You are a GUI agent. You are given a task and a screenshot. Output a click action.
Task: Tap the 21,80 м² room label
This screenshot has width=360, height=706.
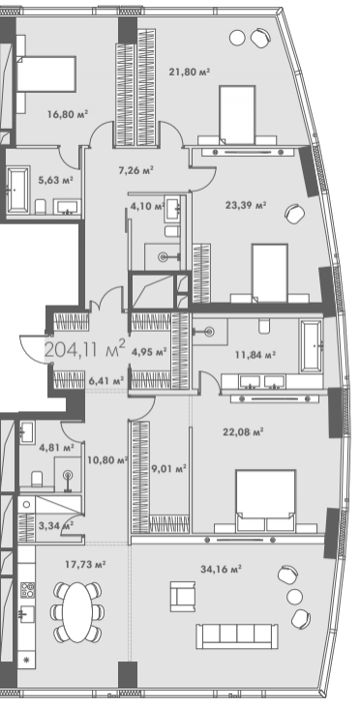click(190, 72)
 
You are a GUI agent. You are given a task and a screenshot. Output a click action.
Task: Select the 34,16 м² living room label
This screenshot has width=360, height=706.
click(221, 569)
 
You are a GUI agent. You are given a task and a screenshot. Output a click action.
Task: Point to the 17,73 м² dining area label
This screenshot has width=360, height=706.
click(85, 564)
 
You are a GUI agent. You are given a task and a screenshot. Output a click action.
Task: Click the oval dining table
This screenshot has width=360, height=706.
click(77, 612)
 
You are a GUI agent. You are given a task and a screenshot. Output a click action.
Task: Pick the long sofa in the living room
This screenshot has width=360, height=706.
click(237, 636)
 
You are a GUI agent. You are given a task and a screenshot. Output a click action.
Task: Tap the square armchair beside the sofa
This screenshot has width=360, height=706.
click(183, 596)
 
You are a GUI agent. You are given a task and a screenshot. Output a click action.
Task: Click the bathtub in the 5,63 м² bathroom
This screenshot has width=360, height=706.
click(18, 189)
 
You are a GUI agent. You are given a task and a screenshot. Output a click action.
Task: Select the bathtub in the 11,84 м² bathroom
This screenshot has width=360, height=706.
click(312, 345)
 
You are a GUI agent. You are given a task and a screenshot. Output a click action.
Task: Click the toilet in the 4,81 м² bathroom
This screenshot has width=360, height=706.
click(37, 478)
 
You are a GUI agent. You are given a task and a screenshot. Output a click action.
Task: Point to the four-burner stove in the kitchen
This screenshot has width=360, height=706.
click(27, 589)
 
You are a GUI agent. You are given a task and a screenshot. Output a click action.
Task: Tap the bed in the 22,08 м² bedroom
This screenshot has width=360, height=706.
click(265, 501)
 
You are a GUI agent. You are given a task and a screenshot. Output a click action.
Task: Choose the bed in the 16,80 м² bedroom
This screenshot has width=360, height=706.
click(46, 74)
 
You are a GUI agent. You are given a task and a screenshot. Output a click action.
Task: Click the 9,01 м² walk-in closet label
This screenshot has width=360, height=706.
click(169, 469)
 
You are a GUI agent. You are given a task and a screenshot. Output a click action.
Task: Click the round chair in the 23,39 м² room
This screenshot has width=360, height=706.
click(294, 213)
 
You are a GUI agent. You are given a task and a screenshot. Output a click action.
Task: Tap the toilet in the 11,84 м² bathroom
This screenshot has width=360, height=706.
click(264, 326)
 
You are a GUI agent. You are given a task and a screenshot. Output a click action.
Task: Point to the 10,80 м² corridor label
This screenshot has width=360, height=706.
click(107, 460)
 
